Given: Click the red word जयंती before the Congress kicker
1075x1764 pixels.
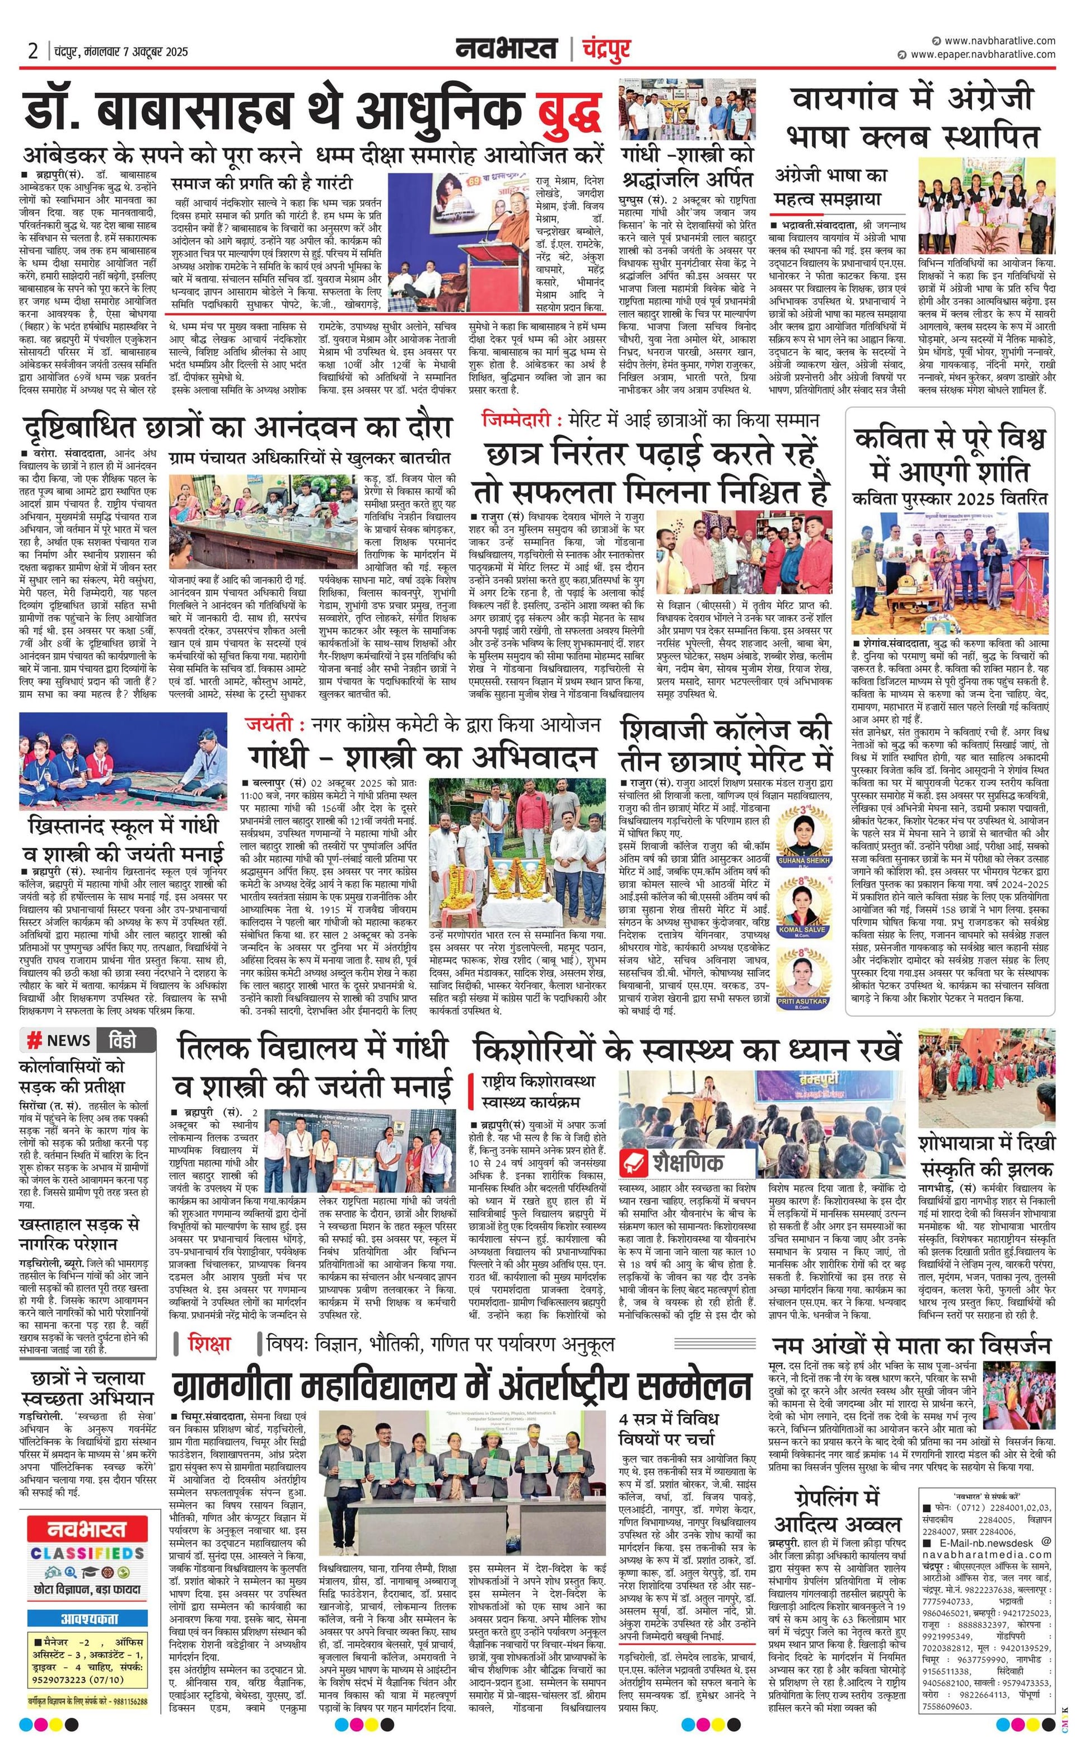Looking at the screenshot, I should pyautogui.click(x=269, y=725).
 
